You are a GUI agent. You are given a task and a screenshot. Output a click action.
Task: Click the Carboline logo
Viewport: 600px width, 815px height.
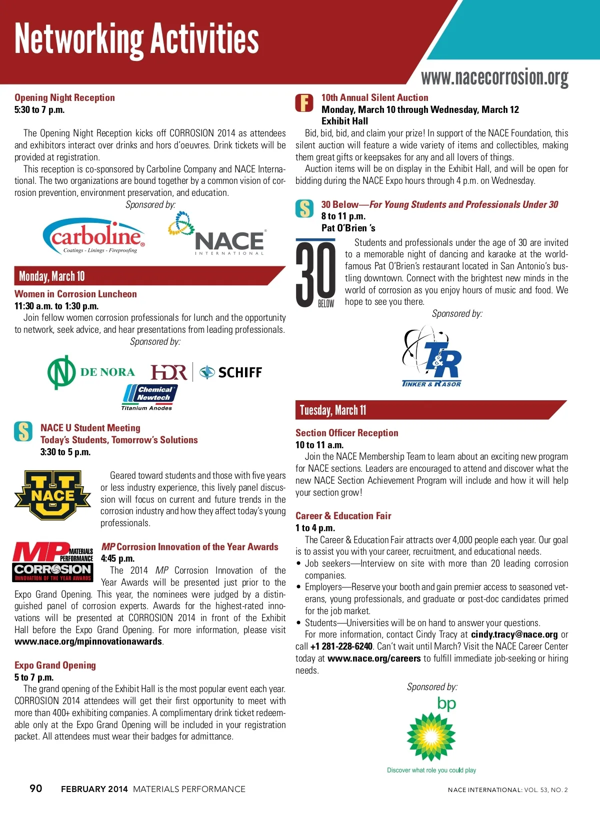click(94, 235)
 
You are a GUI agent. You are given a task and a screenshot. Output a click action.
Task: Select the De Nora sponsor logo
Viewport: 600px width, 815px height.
click(91, 372)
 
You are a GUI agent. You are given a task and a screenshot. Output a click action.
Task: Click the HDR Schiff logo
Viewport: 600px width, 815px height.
click(206, 372)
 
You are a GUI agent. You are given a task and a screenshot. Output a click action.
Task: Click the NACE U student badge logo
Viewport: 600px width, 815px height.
click(52, 495)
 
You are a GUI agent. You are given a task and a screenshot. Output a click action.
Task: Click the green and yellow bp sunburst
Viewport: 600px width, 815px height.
click(431, 736)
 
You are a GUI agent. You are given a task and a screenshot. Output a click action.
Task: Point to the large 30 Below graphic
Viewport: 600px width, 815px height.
click(316, 274)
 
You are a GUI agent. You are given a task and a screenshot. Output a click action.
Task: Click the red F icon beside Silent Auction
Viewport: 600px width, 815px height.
click(304, 103)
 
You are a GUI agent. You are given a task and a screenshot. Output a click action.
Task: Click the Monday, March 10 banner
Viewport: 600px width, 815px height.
click(52, 276)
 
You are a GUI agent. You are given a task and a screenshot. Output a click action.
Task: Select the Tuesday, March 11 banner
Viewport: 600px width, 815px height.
click(333, 410)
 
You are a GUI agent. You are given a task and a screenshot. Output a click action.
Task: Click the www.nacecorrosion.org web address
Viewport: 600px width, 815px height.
click(494, 77)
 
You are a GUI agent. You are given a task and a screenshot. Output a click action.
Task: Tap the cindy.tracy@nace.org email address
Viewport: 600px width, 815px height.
click(514, 635)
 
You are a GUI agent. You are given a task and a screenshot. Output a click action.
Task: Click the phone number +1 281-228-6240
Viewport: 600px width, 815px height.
click(341, 647)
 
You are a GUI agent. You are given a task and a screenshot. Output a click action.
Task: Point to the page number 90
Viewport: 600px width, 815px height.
click(36, 789)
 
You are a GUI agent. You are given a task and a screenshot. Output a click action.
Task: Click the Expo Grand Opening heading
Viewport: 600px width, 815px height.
click(55, 666)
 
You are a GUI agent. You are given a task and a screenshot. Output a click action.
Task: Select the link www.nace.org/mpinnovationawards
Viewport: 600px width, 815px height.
click(88, 642)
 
